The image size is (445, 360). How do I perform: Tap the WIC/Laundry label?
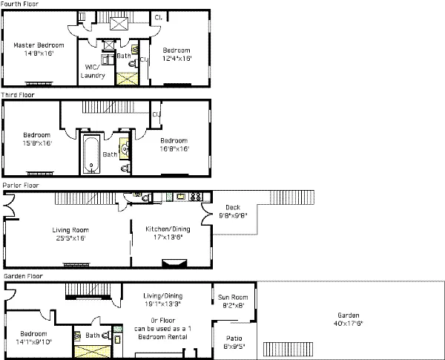pyautogui.click(x=93, y=71)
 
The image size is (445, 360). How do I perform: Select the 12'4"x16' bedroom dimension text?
pyautogui.click(x=177, y=57)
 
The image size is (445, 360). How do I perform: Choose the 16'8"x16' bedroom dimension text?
pyautogui.click(x=173, y=148)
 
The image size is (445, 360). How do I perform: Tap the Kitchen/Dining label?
pyautogui.click(x=169, y=229)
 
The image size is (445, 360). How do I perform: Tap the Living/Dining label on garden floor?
pyautogui.click(x=162, y=295)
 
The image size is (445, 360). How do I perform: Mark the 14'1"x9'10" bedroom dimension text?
pyautogui.click(x=35, y=342)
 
